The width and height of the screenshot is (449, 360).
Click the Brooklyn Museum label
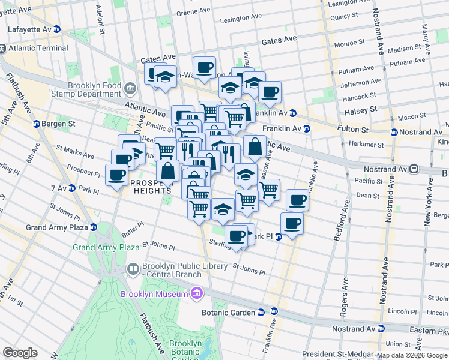coord(154,294)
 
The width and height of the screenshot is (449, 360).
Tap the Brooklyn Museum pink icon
coord(196,293)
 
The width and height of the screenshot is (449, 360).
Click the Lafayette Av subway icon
coord(57,29)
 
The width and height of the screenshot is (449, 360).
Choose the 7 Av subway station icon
coord(71,188)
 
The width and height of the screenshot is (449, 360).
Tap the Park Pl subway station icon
coord(279,237)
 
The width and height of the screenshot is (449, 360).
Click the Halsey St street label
coord(360,110)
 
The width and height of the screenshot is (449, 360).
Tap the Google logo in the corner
coord(20,353)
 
